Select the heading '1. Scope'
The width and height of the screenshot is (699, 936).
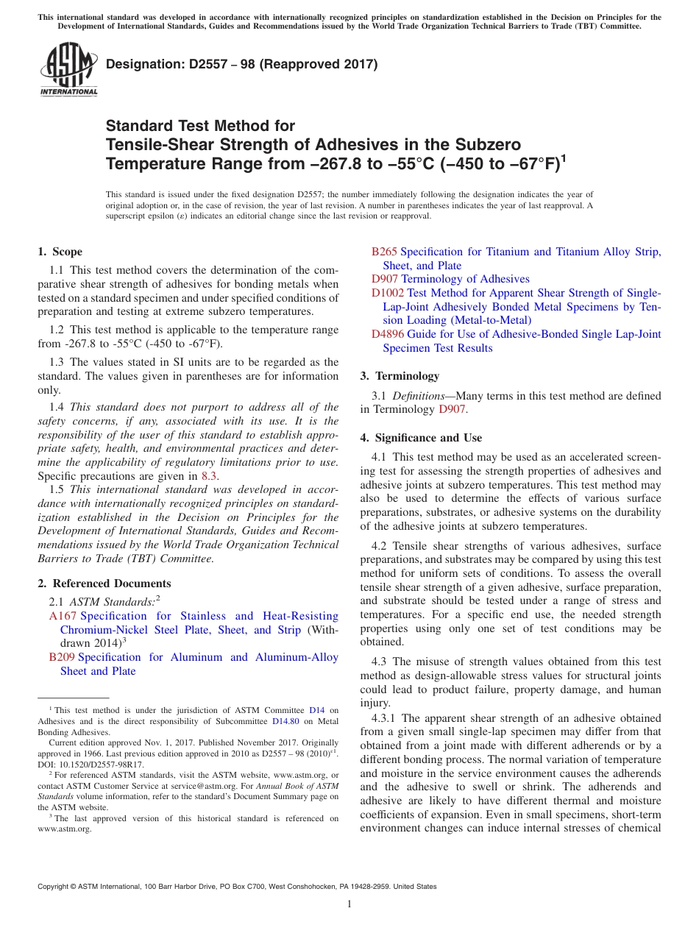point(60,252)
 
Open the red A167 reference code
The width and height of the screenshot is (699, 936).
point(63,616)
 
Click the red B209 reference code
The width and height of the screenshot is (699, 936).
point(62,657)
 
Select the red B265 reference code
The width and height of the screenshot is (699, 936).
point(384,252)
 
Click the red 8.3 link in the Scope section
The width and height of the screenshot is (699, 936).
point(209,476)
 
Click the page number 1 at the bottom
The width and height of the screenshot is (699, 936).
point(349,904)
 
